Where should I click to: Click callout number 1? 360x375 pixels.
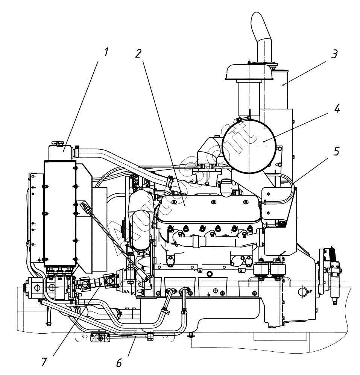106,52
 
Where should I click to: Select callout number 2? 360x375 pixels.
138,54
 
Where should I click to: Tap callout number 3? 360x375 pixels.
334,54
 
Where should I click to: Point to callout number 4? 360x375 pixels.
337,109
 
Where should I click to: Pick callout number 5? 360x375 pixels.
336,151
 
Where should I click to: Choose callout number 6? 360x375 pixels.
119,363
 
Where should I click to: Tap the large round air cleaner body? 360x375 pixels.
249,146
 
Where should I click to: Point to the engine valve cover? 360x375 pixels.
208,208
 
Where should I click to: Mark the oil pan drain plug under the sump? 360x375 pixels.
191,336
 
